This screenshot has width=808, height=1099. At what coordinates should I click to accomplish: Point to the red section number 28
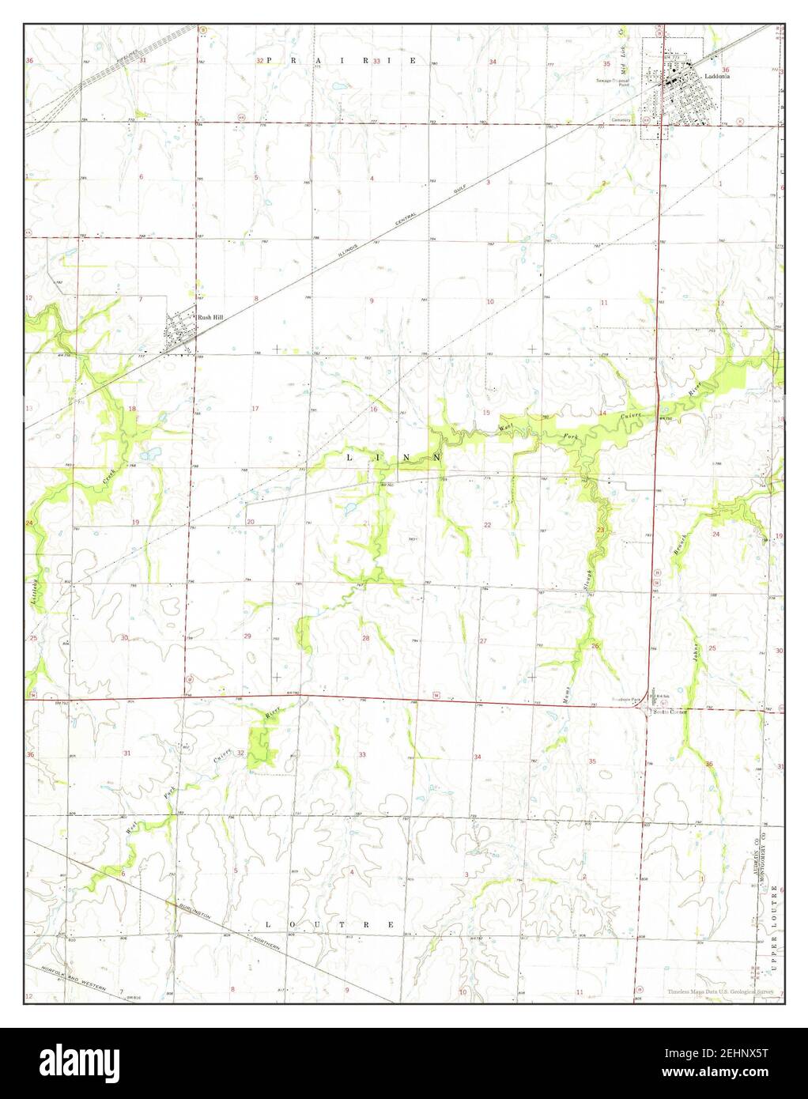pos(365,637)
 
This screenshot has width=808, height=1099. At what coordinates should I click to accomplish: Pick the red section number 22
pos(488,525)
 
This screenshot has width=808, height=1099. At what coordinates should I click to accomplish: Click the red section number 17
pos(255,408)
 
